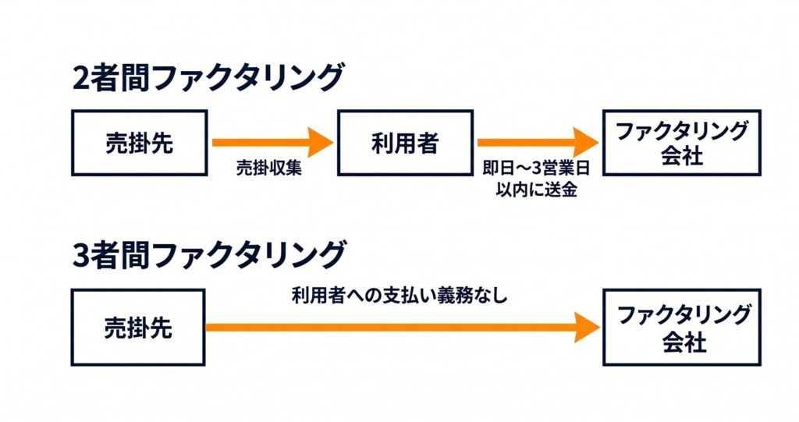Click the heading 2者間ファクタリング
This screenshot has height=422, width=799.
(208, 77)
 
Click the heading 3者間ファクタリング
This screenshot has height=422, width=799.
(209, 255)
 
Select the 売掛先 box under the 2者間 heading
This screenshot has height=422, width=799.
(139, 143)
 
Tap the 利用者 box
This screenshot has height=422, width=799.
(405, 143)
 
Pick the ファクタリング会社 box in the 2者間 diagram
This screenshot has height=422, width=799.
(682, 143)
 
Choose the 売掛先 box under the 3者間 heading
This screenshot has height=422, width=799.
(138, 327)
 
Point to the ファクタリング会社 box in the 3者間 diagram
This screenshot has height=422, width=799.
(682, 327)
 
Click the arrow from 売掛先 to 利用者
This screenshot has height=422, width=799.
(272, 142)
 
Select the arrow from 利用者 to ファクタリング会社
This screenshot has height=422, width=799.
(538, 142)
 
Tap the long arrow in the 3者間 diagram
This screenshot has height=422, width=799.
(403, 327)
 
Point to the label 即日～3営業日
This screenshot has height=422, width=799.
(536, 168)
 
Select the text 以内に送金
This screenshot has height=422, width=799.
(536, 190)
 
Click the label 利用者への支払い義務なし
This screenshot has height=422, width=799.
(399, 296)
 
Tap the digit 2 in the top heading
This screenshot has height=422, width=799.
(81, 79)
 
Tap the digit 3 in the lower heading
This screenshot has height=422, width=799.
(81, 256)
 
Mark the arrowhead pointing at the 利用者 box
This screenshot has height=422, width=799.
(321, 142)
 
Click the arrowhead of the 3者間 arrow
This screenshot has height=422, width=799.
(588, 327)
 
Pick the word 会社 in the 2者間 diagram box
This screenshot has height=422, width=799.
(682, 155)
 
